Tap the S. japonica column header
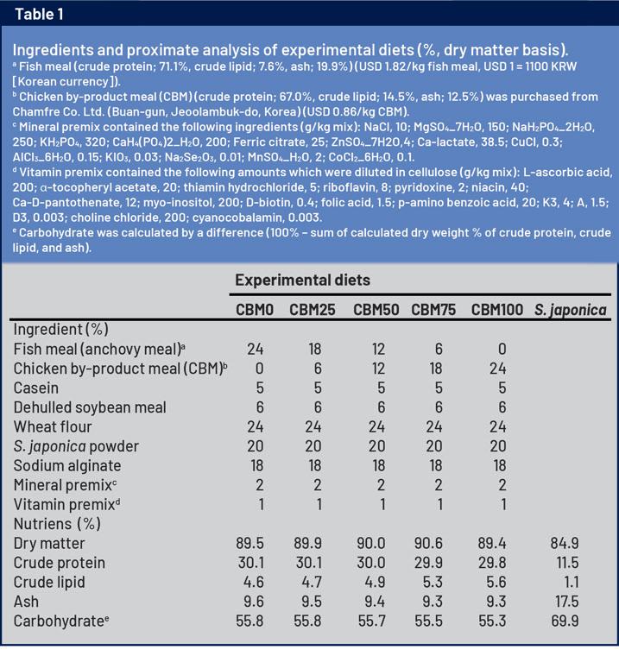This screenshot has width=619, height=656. click(x=571, y=310)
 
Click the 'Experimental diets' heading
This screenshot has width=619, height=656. click(x=303, y=280)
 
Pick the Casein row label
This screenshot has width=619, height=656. click(x=37, y=388)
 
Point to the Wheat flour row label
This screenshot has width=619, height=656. click(x=52, y=426)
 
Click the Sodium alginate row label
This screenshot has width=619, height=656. click(x=65, y=465)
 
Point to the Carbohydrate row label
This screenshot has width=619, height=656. click(x=60, y=621)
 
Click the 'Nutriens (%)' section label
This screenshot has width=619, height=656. click(x=57, y=523)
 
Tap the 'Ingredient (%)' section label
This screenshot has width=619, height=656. click(x=61, y=329)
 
